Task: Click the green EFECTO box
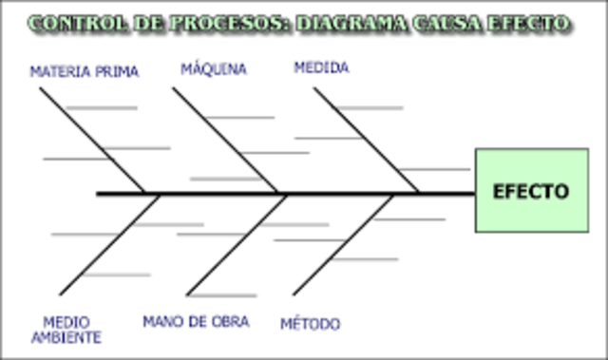pyautogui.click(x=531, y=190)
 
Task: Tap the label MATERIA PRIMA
pyautogui.click(x=85, y=71)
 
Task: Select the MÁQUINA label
pyautogui.click(x=214, y=69)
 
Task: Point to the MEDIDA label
pyautogui.click(x=321, y=67)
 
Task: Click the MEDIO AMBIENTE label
pyautogui.click(x=66, y=329)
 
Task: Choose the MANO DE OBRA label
pyautogui.click(x=196, y=322)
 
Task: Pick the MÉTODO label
pyautogui.click(x=310, y=324)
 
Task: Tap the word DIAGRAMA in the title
pyautogui.click(x=358, y=22)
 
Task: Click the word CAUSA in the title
pyautogui.click(x=453, y=22)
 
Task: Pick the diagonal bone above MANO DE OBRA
pyautogui.click(x=236, y=244)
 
